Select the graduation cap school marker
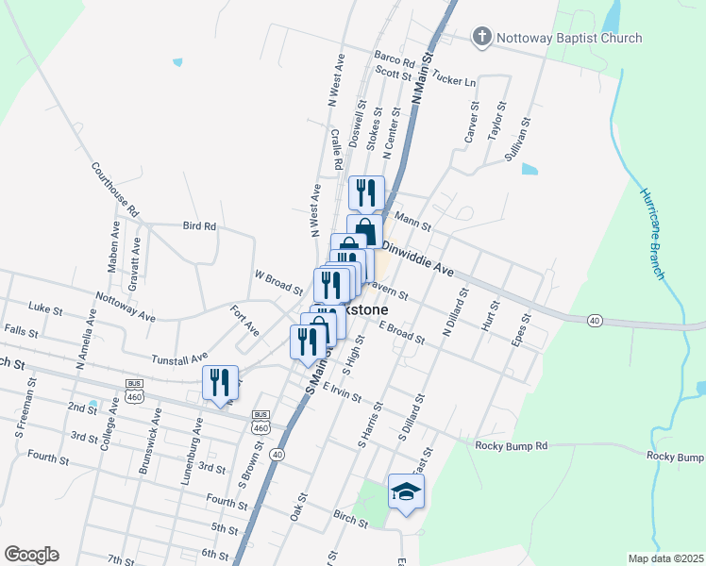coord(406,492)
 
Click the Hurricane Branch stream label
coord(653,225)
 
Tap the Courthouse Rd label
coord(115,188)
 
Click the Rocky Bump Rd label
coord(512,445)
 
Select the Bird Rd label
coord(199,226)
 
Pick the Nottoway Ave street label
coord(126,311)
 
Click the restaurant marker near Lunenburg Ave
coord(220,383)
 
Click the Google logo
coord(31,555)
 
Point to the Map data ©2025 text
coord(664,558)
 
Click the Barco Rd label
coord(395,59)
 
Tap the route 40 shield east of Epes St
coord(593,322)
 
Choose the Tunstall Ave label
coord(179,358)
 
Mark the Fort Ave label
coord(244,320)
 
